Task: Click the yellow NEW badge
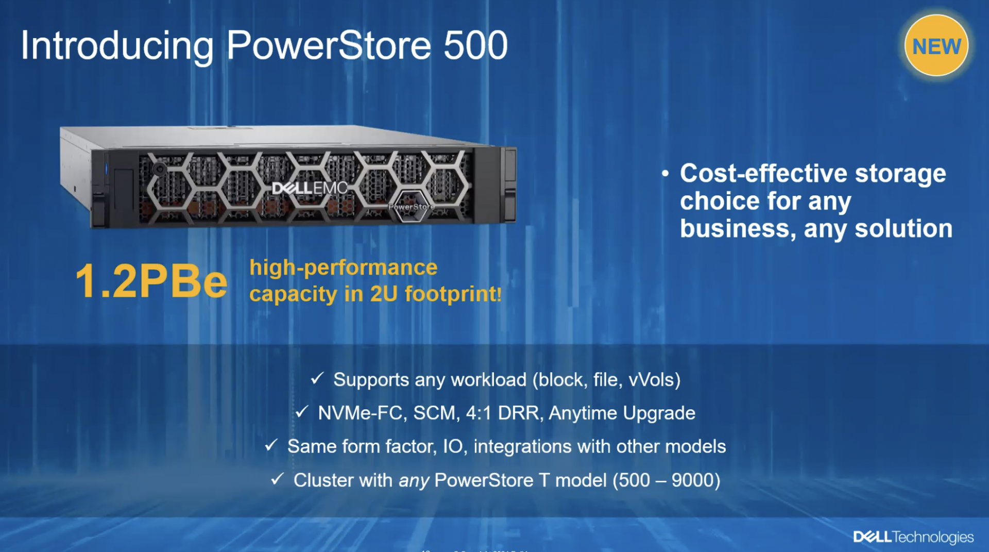tap(936, 46)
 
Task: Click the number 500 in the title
tap(475, 45)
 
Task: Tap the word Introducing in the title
tap(117, 47)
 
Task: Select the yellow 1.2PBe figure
tap(151, 281)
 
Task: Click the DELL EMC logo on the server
tap(310, 188)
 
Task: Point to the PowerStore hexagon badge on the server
tap(411, 206)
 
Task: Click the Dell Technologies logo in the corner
tap(913, 537)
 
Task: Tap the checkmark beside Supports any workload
tap(317, 379)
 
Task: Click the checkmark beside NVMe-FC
tap(302, 412)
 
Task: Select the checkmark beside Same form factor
tap(271, 445)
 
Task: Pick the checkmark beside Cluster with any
tap(277, 479)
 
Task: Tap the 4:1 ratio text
tap(479, 413)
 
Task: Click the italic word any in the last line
tap(414, 481)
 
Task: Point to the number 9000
tap(692, 480)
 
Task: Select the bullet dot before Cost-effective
tap(666, 174)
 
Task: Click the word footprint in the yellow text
tap(450, 294)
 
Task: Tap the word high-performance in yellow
tap(344, 268)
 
